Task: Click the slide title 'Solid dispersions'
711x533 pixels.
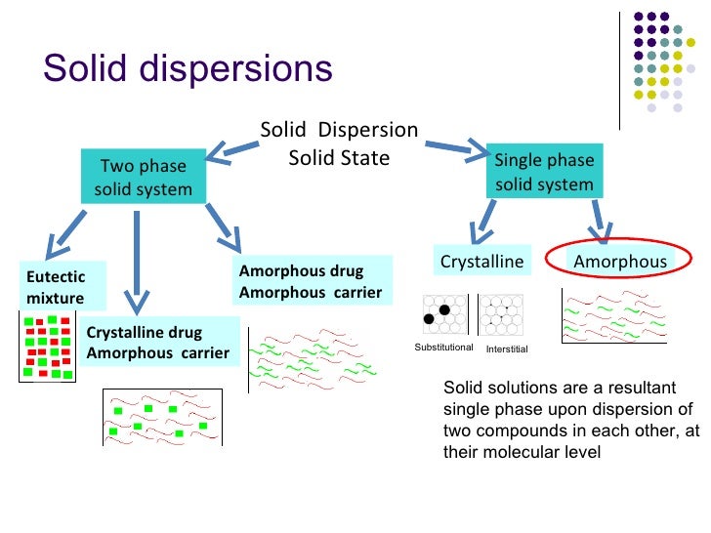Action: pos(188,69)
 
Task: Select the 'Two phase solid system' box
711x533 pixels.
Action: pos(143,177)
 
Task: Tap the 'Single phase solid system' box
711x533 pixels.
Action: pos(544,172)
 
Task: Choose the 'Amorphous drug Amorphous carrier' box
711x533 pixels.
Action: pos(311,280)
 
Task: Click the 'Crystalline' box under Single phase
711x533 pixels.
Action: pos(481,262)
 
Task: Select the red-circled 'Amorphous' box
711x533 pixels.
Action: pos(619,262)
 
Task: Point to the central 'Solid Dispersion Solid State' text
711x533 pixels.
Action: pos(339,143)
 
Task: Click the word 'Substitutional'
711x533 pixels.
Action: pos(443,348)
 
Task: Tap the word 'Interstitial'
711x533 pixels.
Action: pos(506,348)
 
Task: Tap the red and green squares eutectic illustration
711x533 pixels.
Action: pos(47,347)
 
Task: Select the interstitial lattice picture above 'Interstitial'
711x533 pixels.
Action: pos(502,315)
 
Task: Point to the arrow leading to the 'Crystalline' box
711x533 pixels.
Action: pos(483,221)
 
